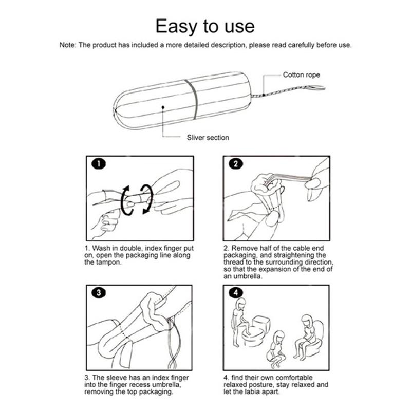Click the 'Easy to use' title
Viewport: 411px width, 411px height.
point(205,25)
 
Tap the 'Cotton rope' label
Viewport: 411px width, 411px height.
point(302,75)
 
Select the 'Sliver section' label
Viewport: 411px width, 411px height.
point(208,137)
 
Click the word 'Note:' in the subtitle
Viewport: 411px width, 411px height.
point(67,45)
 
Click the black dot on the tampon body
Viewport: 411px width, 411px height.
point(163,107)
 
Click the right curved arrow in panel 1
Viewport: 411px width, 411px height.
point(147,198)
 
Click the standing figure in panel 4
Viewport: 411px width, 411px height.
point(240,321)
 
